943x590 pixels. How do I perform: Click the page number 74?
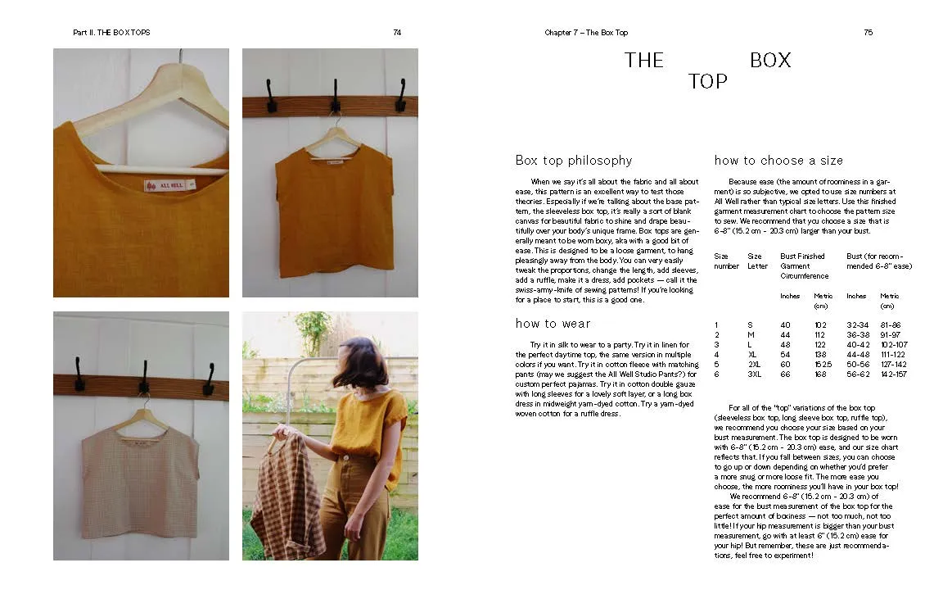pos(397,33)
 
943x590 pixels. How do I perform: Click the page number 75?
pos(868,33)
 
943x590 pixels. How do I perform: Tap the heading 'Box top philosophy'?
pos(573,161)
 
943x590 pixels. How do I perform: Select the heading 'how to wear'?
pos(553,324)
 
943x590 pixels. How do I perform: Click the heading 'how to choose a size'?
pos(778,161)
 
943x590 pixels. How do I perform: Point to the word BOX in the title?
pos(770,61)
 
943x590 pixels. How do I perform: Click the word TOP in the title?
pos(707,82)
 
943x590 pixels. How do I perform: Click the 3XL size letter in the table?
pos(754,374)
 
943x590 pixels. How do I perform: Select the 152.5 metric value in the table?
pos(823,364)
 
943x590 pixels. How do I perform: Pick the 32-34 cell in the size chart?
pos(857,325)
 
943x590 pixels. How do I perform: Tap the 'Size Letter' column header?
pos(757,261)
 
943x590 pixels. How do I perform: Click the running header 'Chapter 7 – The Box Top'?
pos(586,33)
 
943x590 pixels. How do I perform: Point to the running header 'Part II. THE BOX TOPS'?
pos(111,33)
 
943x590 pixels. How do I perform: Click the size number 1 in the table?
pos(716,325)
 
